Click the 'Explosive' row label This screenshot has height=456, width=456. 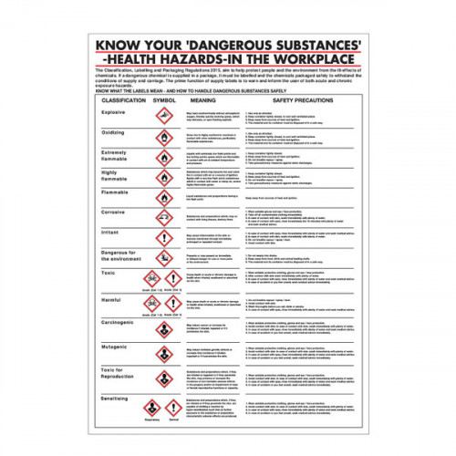coord(114,112)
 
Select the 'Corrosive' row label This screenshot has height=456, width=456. coord(114,211)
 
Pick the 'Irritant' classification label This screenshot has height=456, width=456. coord(111,232)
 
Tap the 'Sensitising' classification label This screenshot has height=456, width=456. coord(118,399)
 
